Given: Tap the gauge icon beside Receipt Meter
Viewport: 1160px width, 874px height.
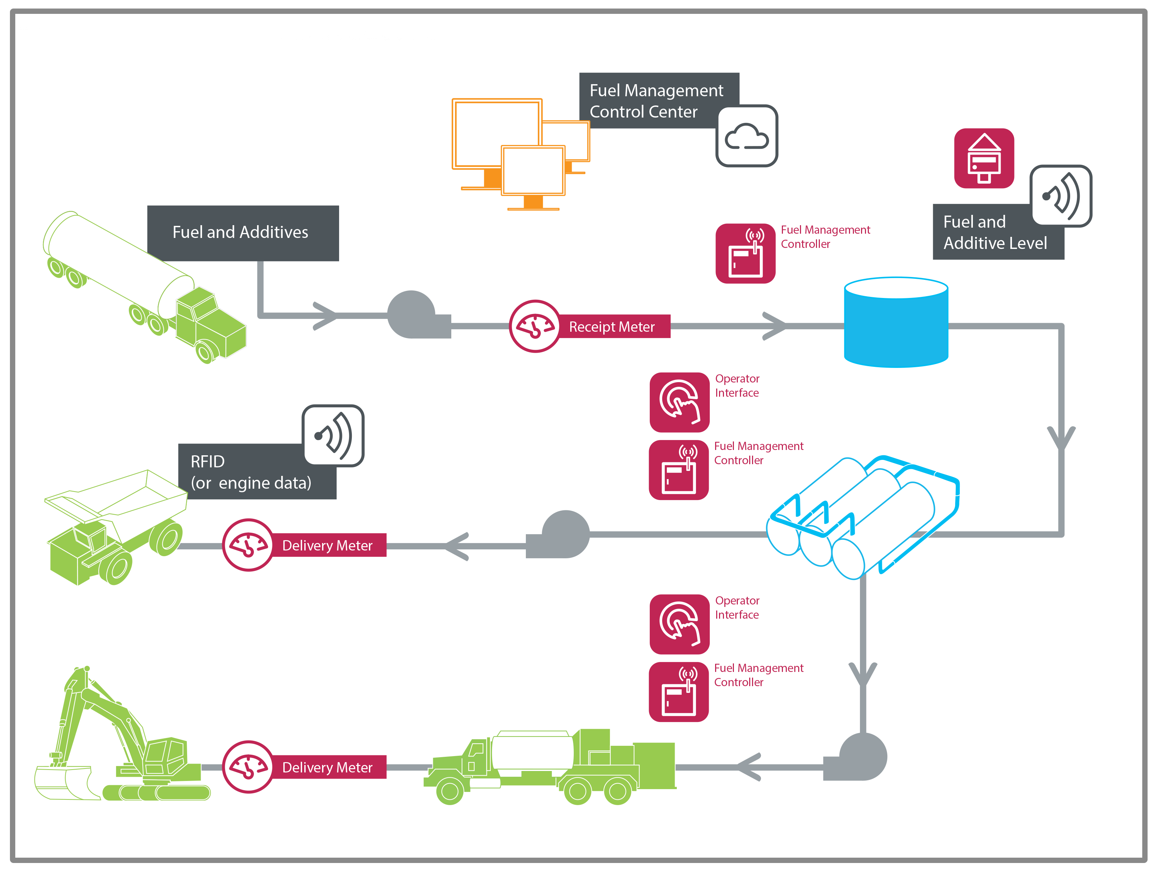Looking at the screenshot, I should point(535,326).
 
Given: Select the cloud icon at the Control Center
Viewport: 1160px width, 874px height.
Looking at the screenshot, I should point(747,136).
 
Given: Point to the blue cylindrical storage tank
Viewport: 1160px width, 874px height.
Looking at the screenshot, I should point(896,322).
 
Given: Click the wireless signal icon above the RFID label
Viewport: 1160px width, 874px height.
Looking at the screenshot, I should point(333,435).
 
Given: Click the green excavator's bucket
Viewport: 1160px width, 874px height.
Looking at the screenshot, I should point(63,782).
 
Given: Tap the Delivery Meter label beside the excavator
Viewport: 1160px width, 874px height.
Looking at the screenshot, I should point(327,767).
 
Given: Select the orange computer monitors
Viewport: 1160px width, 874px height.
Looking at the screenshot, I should point(519,152).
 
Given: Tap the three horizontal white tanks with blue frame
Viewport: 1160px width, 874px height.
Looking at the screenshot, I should point(860,517).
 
